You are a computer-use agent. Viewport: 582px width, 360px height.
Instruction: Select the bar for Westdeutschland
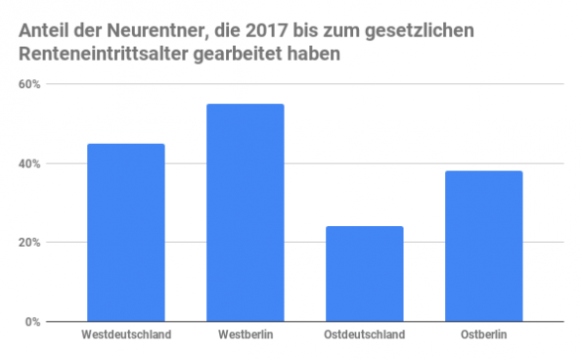126,233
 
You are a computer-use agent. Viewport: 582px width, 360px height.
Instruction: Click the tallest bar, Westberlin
246,212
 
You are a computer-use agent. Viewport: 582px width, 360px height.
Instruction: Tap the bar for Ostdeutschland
364,274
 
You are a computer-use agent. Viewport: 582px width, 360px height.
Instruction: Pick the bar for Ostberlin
483,247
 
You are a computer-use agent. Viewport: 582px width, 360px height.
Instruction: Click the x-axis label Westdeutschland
126,336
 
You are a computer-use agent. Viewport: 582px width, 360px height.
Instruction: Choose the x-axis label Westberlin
246,336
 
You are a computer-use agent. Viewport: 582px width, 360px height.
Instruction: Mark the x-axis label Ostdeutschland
364,336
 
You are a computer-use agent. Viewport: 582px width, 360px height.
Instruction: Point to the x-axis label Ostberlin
483,336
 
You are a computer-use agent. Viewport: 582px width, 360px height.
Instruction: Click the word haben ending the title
319,55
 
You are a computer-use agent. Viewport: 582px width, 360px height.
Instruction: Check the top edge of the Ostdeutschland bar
364,227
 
